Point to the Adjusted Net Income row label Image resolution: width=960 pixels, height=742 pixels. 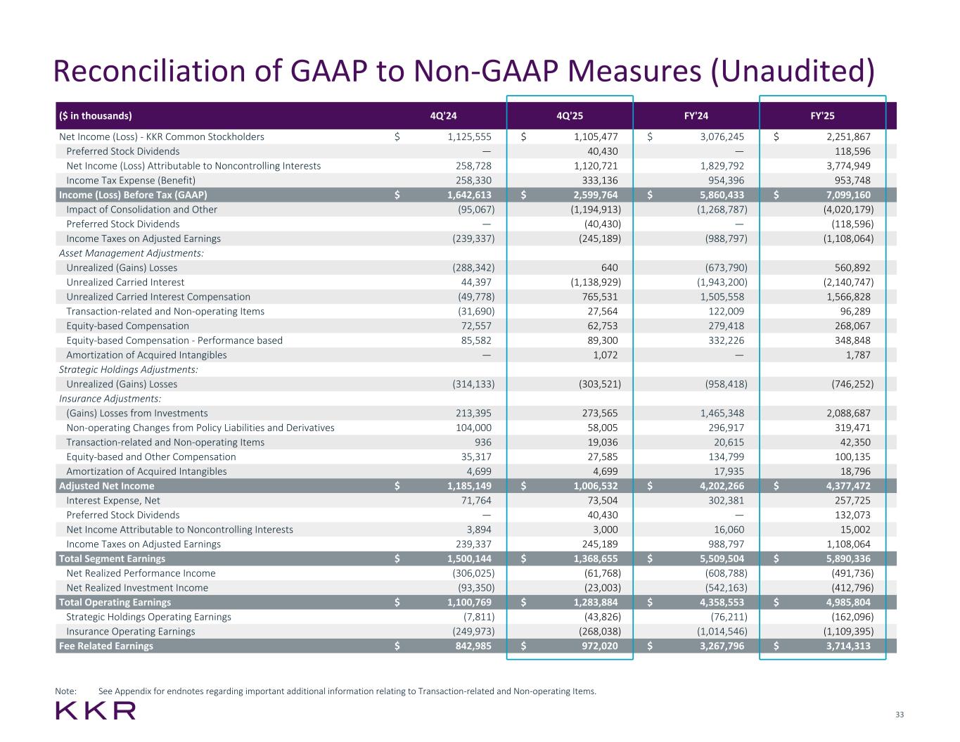tap(107, 486)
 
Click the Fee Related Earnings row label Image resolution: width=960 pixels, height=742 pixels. tap(106, 646)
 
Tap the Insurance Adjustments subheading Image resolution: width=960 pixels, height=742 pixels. tap(110, 399)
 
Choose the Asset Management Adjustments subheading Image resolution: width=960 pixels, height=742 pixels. tap(132, 253)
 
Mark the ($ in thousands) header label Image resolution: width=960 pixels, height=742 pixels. tap(96, 116)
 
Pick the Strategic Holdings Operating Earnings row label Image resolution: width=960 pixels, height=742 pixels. tap(148, 617)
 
